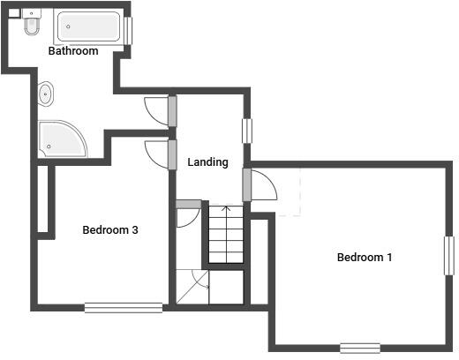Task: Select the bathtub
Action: click(89, 28)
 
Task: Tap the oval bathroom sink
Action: click(46, 93)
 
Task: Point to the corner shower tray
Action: click(61, 138)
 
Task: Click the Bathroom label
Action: click(73, 51)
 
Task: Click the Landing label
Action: click(208, 162)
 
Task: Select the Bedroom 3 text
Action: click(110, 230)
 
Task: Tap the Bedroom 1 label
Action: click(365, 258)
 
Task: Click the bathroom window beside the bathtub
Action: click(129, 30)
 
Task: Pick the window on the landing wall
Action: click(248, 130)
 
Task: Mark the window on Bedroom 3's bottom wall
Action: click(124, 307)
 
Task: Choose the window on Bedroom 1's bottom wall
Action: click(360, 348)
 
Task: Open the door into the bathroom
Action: click(155, 109)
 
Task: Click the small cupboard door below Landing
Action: click(187, 214)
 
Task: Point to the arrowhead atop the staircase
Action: click(225, 210)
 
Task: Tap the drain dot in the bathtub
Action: click(67, 26)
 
